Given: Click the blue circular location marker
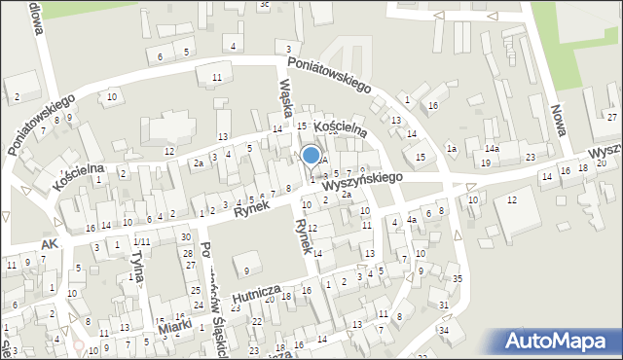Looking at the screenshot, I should click(x=311, y=155).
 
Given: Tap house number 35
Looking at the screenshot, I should click(x=458, y=279).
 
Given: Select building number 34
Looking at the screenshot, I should click(x=443, y=331).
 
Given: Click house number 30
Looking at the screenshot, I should click(x=185, y=238).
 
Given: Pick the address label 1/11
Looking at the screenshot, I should click(x=142, y=241).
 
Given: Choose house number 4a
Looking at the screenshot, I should click(x=412, y=221).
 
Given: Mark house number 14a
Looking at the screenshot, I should click(x=493, y=149).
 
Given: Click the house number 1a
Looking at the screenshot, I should click(x=451, y=148).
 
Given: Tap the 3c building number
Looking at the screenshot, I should click(x=264, y=4).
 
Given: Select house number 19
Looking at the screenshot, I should click(x=485, y=162).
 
